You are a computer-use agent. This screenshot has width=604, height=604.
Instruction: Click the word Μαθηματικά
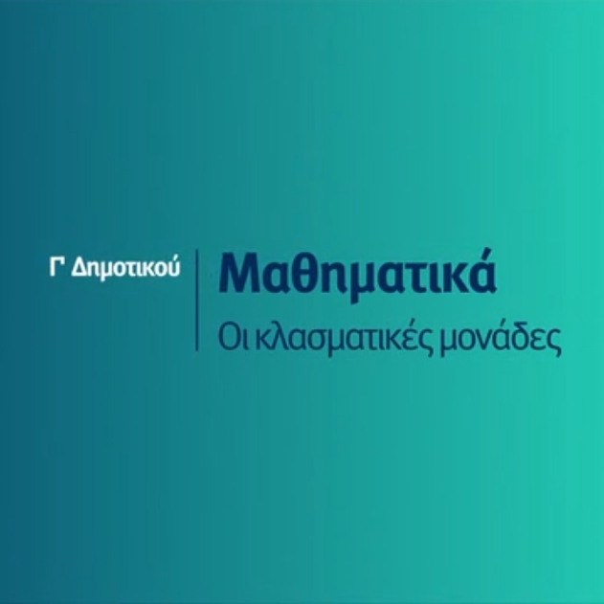357,273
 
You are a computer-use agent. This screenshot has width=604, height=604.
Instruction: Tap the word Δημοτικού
125,267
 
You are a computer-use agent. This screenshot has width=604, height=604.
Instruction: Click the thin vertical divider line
197,300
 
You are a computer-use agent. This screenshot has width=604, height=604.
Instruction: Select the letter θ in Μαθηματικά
300,273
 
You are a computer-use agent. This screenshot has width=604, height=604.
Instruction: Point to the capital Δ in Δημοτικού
79,266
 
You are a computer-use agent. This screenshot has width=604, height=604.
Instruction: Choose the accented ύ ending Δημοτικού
173,266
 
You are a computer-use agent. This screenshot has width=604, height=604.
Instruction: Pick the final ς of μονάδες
553,343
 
